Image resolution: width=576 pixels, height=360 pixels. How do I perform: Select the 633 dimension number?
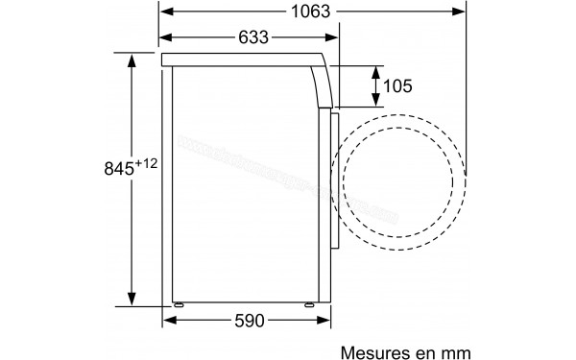(x=248, y=38)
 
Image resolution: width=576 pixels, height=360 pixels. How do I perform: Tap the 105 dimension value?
(x=396, y=86)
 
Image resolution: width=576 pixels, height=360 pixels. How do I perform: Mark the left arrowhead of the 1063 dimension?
(x=165, y=12)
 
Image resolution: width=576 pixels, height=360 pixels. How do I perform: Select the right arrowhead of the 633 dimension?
(x=335, y=38)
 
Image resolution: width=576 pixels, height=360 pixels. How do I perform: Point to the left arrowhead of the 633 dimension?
(x=165, y=38)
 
